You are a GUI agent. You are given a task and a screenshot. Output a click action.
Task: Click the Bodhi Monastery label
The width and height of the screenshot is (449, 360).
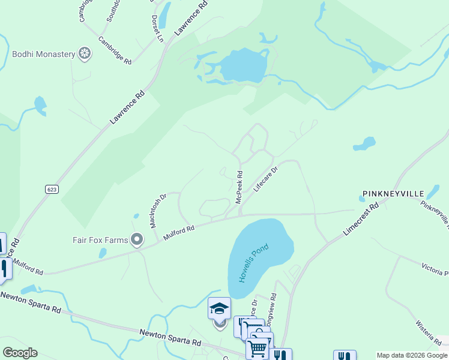[x=43, y=54]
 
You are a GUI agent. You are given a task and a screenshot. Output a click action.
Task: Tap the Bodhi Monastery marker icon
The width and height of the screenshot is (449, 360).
[x=85, y=54]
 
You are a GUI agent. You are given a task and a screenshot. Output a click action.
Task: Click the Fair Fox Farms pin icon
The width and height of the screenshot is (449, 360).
[x=137, y=240]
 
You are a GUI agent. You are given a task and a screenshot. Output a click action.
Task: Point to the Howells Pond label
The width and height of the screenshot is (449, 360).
[x=254, y=263]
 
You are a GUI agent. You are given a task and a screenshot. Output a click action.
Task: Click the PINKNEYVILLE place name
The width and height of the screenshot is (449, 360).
[x=393, y=194]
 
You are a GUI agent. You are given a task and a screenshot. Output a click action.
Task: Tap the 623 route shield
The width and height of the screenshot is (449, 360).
[x=52, y=189]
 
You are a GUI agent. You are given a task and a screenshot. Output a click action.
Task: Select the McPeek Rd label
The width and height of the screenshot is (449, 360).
[x=239, y=187]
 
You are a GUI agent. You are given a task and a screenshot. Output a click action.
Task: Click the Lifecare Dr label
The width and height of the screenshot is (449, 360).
[x=266, y=179]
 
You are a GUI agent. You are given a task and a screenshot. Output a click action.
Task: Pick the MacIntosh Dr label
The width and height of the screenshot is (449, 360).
[x=158, y=211]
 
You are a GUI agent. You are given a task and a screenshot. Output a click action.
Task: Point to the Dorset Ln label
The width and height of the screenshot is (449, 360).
[x=157, y=28]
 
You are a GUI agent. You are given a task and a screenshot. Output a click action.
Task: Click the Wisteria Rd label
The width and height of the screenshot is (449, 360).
[x=428, y=332]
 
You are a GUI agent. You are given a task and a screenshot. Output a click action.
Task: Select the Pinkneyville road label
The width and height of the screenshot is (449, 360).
[x=435, y=215]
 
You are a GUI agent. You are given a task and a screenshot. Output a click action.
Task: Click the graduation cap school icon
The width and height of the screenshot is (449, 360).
[x=219, y=308]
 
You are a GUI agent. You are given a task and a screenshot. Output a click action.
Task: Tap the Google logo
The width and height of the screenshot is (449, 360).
[x=20, y=353]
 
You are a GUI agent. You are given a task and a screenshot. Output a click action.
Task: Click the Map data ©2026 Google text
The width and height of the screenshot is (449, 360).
[x=411, y=355]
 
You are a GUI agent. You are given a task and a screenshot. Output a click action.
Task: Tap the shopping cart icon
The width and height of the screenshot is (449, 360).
[x=258, y=348]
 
